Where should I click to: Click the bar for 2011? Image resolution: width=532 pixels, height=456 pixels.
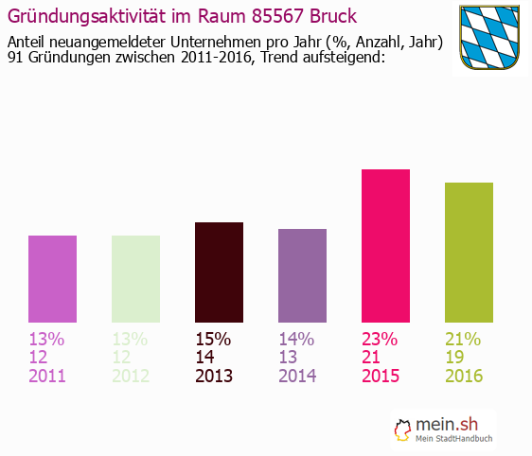tap(52, 279)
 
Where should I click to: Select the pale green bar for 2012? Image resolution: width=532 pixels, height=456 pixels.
tap(135, 279)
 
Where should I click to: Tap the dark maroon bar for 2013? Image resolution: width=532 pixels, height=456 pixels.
tap(219, 272)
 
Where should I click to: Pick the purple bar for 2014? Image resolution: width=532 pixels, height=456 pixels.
tap(302, 275)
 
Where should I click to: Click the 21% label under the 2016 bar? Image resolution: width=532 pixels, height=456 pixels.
tap(464, 340)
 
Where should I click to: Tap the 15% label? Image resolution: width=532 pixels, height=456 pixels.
tap(214, 340)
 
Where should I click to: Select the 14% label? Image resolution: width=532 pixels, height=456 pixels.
tap(297, 340)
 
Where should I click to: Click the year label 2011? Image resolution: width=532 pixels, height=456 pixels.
tap(48, 377)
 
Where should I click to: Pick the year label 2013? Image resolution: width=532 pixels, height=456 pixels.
tap(214, 377)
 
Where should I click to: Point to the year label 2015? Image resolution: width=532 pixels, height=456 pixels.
tap(381, 377)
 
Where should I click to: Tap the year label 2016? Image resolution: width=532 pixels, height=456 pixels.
tap(464, 377)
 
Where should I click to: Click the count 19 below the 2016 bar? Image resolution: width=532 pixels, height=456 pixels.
tap(455, 358)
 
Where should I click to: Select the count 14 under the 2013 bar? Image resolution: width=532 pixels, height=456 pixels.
tap(205, 358)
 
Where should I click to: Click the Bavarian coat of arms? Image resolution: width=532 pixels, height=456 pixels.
tap(490, 38)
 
